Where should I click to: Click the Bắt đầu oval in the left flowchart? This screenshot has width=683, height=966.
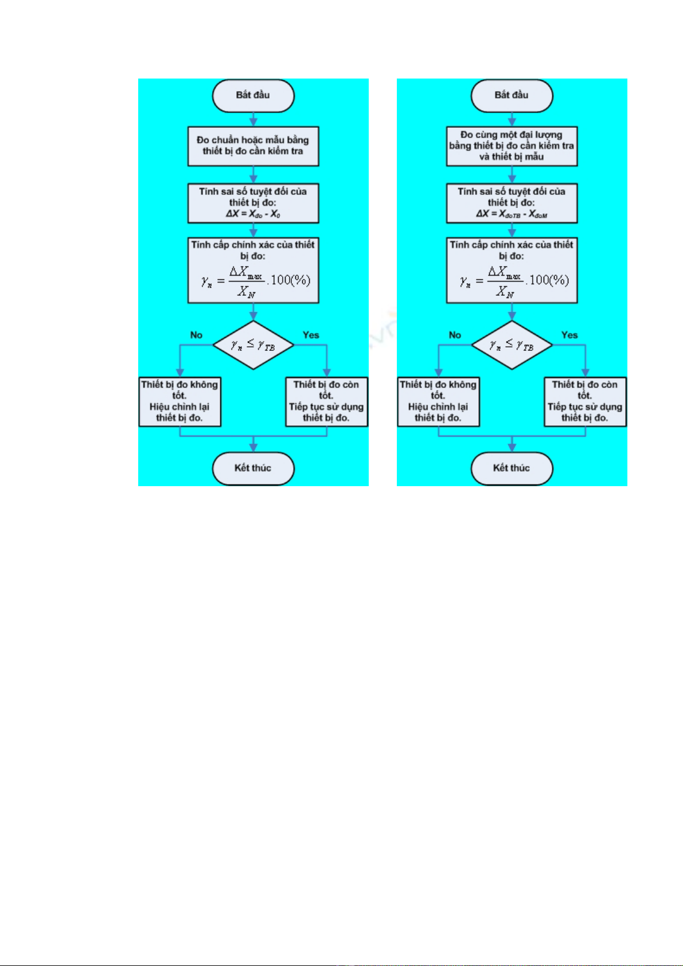click(253, 96)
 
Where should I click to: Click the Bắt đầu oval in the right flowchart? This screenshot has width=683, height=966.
click(512, 96)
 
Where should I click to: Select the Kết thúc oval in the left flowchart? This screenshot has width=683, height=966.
click(253, 468)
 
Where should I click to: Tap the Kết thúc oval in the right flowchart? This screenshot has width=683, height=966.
click(512, 468)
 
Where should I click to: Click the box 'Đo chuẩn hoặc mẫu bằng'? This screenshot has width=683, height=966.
click(253, 146)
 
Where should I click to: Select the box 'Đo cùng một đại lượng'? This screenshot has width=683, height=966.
click(512, 146)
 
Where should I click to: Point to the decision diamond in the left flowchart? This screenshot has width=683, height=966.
click(253, 345)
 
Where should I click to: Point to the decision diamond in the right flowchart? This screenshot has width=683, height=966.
click(512, 345)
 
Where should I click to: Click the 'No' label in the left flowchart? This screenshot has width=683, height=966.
click(196, 335)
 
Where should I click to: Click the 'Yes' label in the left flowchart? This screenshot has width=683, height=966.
click(311, 335)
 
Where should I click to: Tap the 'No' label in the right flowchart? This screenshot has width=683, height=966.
click(455, 335)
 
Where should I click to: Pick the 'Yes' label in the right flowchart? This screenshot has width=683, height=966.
click(569, 335)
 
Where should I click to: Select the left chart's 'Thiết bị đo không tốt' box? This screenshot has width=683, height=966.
click(179, 401)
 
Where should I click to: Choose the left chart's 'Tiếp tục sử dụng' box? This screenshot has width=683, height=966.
click(326, 401)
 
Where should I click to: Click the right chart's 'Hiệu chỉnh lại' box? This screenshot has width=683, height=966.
click(438, 401)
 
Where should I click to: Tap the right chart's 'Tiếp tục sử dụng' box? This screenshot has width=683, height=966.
click(585, 401)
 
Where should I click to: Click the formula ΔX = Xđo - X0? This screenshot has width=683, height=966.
click(253, 214)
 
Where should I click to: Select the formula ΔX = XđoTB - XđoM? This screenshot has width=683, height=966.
click(512, 214)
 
